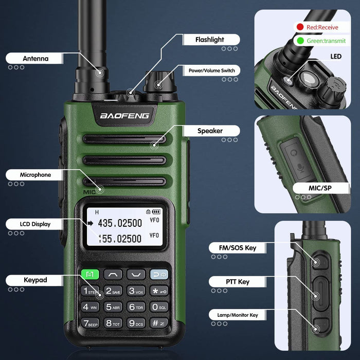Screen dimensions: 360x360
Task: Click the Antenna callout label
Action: tap(35, 59)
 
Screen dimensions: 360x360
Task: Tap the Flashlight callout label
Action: tap(209, 40)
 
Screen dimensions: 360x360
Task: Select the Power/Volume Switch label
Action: tap(212, 70)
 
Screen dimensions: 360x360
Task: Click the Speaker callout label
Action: tap(210, 131)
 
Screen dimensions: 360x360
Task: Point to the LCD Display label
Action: tap(35, 224)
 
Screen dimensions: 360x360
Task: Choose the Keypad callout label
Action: tap(35, 280)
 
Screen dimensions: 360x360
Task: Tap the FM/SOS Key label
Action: tap(233, 248)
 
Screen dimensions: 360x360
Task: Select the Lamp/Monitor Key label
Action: tap(233, 315)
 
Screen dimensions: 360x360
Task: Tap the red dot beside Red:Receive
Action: tap(299, 27)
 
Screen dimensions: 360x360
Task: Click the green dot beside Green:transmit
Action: tap(299, 40)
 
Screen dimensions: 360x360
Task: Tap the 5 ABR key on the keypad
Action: tap(113, 308)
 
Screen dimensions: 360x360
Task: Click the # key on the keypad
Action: tap(158, 323)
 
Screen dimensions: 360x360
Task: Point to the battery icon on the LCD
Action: tap(156, 211)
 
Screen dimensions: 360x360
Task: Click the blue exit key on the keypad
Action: tap(158, 275)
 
